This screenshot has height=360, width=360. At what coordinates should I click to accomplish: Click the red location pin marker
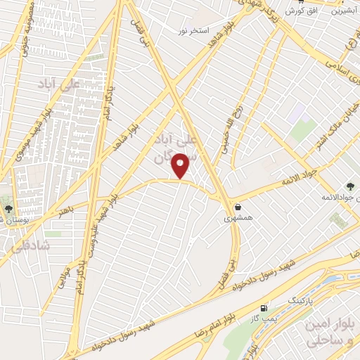pos(181,166)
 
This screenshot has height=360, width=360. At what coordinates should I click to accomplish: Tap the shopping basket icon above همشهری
pos(238,207)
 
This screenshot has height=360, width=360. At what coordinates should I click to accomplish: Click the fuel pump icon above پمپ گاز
pos(264,308)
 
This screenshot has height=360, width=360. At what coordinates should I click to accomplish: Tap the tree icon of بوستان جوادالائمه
pos(349,186)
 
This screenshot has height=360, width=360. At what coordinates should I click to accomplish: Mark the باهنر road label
pos(65,210)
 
